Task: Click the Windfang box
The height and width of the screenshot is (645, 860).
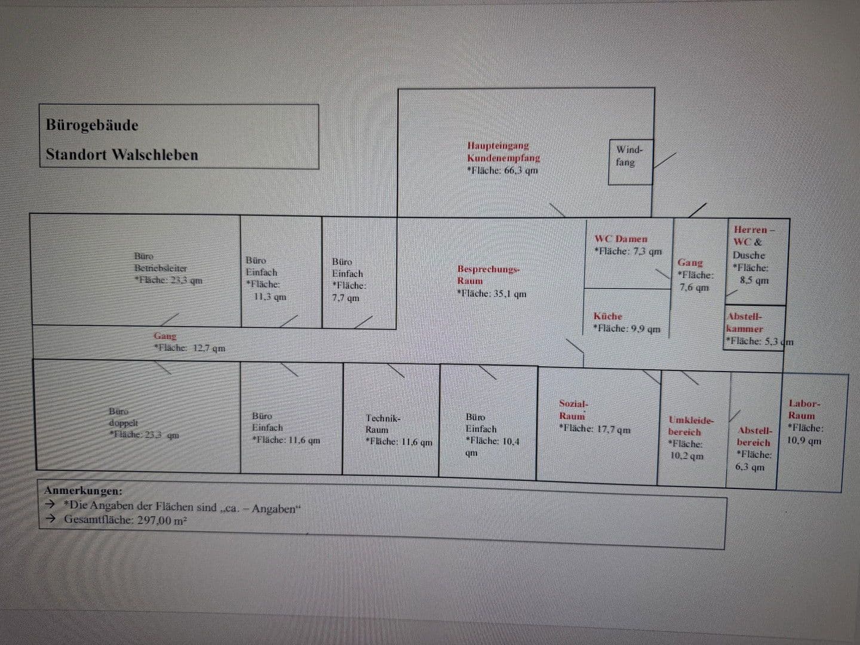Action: (630, 161)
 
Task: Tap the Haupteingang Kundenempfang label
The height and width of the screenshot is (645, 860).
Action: (503, 152)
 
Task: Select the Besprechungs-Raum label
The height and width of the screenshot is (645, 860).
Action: (488, 275)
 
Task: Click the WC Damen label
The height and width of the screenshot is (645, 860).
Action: (621, 239)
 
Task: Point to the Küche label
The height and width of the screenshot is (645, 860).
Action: (607, 317)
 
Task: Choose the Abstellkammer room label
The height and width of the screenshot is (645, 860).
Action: (745, 322)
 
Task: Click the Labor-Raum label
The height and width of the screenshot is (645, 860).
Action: (803, 410)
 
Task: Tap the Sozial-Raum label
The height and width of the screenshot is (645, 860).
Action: (573, 410)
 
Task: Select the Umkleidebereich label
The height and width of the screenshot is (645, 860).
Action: (690, 426)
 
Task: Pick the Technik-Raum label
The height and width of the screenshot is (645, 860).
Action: (382, 424)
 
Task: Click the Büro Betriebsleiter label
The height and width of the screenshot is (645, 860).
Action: (160, 262)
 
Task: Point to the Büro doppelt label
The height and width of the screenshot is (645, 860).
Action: (119, 417)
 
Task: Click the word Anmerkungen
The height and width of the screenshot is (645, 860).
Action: (83, 491)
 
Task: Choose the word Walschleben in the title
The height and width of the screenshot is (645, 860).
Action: (155, 155)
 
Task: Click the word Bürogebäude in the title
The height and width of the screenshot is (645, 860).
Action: (92, 125)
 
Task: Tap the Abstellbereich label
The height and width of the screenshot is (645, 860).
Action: (754, 437)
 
